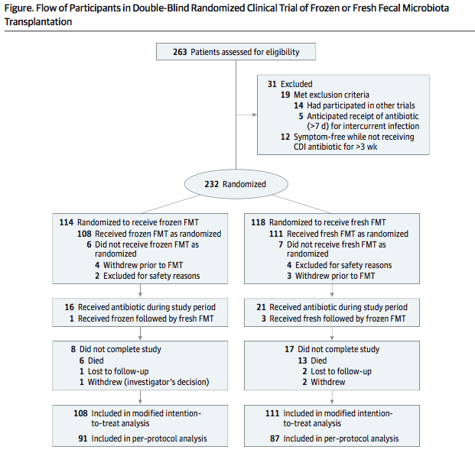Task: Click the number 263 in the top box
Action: click(x=180, y=52)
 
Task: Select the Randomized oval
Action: click(x=236, y=184)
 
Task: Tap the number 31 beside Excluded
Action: click(x=272, y=84)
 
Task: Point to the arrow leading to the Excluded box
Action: click(x=246, y=115)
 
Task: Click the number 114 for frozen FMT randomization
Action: click(x=67, y=222)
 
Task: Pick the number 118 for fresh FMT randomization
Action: click(x=258, y=222)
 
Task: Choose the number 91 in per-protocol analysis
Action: click(x=83, y=438)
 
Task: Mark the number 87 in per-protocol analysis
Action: click(x=275, y=438)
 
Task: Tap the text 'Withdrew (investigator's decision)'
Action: click(x=148, y=382)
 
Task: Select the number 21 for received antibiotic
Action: click(x=261, y=307)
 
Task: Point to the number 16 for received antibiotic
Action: click(x=70, y=307)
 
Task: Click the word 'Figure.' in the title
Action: click(x=19, y=8)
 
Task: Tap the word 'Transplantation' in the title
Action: click(x=38, y=22)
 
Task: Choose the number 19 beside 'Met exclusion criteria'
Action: click(x=285, y=95)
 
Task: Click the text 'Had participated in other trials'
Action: click(x=361, y=105)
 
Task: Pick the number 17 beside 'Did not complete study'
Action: click(x=289, y=349)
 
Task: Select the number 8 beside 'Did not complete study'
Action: click(x=73, y=349)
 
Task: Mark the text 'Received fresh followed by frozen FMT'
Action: click(x=337, y=319)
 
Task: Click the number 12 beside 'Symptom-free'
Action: click(x=285, y=137)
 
